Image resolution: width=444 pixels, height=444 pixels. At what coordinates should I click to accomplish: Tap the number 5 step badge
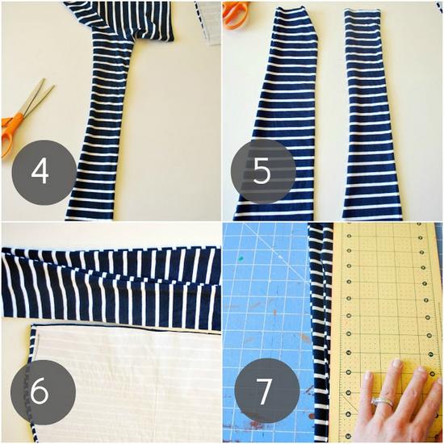263,171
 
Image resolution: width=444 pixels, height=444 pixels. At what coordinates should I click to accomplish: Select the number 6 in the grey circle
40,392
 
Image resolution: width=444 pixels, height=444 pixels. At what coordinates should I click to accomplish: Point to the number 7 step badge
267,391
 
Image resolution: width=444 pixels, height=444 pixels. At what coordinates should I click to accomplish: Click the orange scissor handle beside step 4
10,130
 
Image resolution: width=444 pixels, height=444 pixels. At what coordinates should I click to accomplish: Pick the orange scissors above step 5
235,15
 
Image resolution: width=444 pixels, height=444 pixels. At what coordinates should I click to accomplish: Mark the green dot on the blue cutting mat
241,258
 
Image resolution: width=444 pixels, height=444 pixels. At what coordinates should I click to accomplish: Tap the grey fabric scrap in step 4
208,23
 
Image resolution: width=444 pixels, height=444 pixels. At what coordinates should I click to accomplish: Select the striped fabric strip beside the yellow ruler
320,331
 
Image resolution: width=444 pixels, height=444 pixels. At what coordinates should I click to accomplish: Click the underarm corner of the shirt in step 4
134,42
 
